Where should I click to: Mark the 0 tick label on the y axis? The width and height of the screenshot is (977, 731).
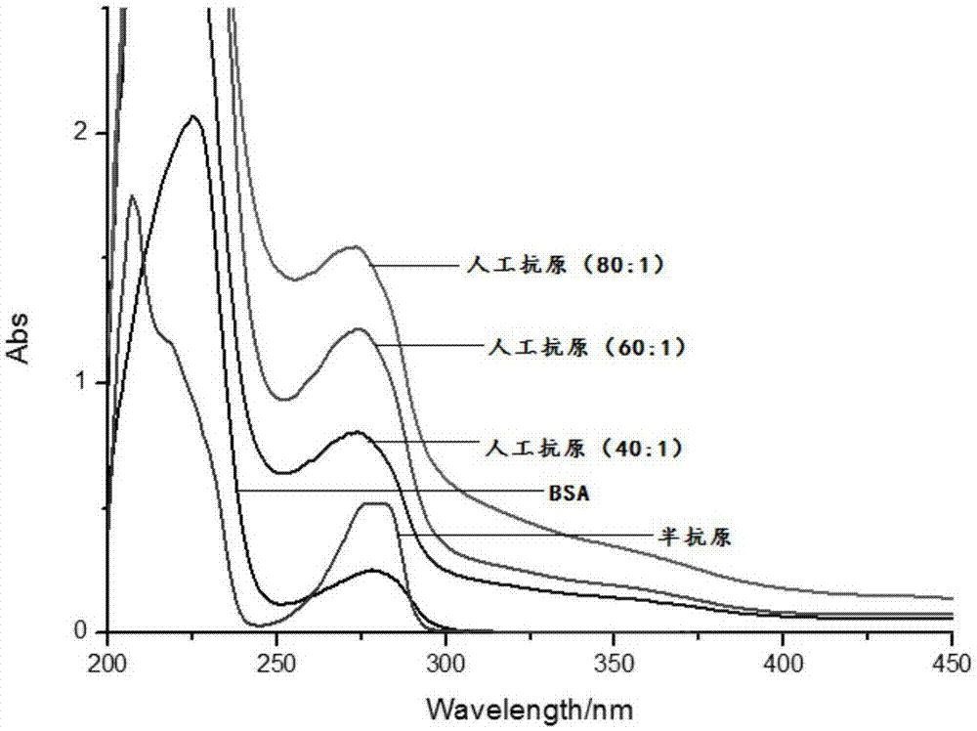(90, 632)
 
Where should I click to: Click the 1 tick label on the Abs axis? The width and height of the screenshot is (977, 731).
(90, 382)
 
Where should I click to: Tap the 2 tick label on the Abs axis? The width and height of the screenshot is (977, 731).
(90, 132)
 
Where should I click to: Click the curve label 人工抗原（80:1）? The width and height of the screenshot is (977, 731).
(565, 265)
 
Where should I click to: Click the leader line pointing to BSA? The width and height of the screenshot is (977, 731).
(391, 491)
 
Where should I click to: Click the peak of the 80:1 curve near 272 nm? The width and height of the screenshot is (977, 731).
(353, 246)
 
